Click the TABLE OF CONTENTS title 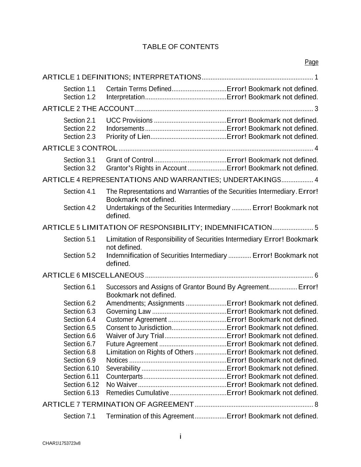[180, 47]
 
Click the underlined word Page [311, 62]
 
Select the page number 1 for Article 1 [316, 77]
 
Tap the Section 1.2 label [79, 97]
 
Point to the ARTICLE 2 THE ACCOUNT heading [88, 109]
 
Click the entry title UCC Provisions [129, 120]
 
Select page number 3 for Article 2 [316, 109]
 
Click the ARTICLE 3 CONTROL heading [80, 148]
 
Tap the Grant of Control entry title [129, 160]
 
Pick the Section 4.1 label [79, 192]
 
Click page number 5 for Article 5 [316, 228]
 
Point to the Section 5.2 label [79, 256]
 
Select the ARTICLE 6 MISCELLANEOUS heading [93, 275]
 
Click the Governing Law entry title [128, 311]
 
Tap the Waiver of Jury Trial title [135, 336]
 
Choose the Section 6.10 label [81, 368]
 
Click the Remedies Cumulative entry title [138, 393]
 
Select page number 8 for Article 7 [316, 405]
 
